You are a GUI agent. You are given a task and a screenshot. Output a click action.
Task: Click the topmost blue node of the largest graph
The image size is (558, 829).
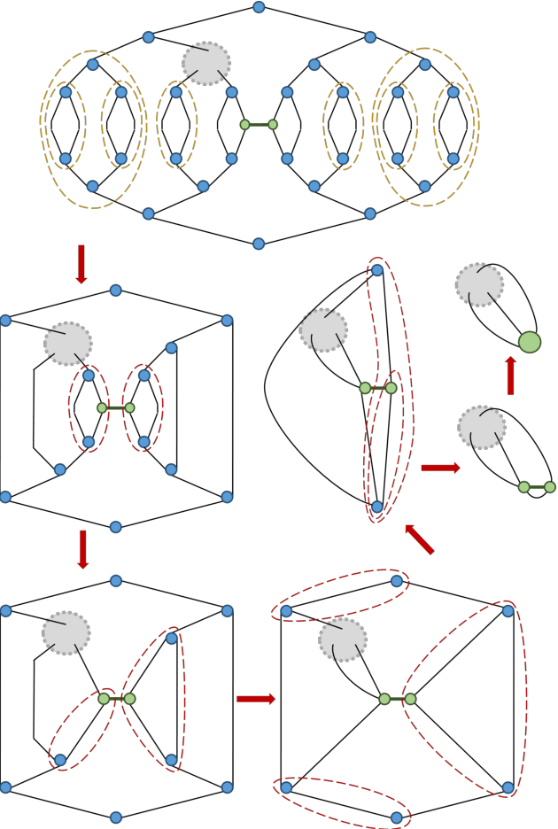(x=283, y=7)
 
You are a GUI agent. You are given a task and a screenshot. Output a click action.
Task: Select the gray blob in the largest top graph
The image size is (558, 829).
(x=206, y=64)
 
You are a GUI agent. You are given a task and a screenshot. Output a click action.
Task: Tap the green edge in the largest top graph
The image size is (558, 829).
(x=259, y=125)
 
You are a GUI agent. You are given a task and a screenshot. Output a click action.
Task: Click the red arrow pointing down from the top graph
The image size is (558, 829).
(x=81, y=264)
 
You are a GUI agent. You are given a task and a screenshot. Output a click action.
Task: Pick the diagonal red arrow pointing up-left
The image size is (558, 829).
(x=420, y=539)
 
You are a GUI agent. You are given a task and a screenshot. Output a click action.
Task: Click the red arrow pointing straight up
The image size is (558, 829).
(x=510, y=376)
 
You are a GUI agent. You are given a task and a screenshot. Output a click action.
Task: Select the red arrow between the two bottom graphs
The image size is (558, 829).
(x=256, y=699)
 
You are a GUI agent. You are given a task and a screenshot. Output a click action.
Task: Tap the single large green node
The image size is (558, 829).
(x=530, y=342)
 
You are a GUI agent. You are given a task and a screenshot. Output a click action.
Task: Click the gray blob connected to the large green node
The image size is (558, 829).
(x=479, y=285)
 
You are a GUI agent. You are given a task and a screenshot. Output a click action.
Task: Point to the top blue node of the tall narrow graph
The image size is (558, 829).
(x=377, y=270)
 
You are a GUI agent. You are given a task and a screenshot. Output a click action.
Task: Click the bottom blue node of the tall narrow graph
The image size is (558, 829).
(x=377, y=507)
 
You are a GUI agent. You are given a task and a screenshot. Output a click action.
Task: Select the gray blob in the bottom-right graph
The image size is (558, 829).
(x=343, y=639)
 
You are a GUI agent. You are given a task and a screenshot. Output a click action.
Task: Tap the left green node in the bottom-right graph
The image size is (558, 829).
(x=384, y=699)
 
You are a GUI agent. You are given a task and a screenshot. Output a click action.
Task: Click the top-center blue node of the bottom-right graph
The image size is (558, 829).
(x=397, y=581)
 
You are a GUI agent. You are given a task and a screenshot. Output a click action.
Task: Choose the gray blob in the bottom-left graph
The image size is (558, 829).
(x=66, y=632)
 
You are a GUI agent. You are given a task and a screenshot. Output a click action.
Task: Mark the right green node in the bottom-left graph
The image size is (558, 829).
(x=130, y=699)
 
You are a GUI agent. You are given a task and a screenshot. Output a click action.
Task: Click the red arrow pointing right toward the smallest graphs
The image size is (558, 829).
(x=440, y=468)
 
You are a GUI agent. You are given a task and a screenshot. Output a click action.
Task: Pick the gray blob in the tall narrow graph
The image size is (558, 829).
(x=323, y=330)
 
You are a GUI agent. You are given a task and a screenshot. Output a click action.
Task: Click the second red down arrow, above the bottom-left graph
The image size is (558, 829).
(x=83, y=549)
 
